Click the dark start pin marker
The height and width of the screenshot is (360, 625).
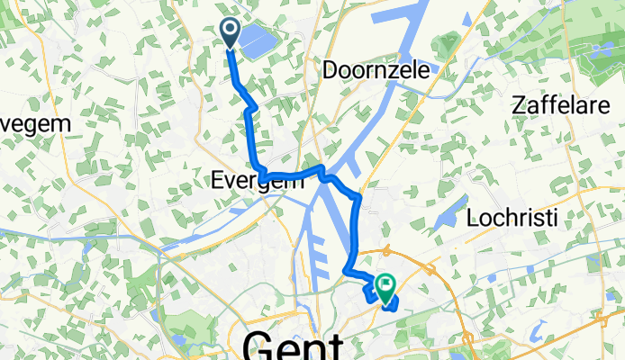click(230, 33)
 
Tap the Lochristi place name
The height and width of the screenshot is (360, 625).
click(513, 218)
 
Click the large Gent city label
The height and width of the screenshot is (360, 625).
click(294, 344)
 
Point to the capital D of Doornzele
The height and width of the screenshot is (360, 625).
click(330, 69)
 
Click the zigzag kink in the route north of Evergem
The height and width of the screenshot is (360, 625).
click(251, 109)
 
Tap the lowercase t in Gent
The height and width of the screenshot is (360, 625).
click(334, 344)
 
